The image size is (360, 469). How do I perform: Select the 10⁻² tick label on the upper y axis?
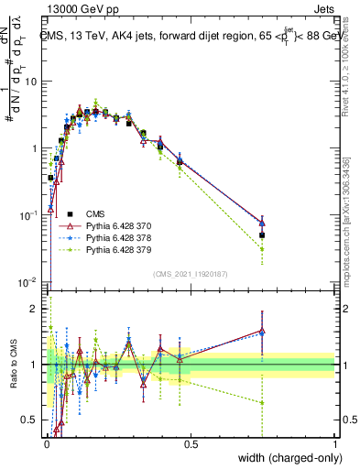[27, 280]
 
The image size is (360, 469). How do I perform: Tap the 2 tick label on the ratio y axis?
[36, 309]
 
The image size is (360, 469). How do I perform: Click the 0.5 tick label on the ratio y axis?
[31, 420]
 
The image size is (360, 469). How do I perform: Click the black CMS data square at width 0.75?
[262, 235]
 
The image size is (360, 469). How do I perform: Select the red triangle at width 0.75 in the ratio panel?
[262, 331]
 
